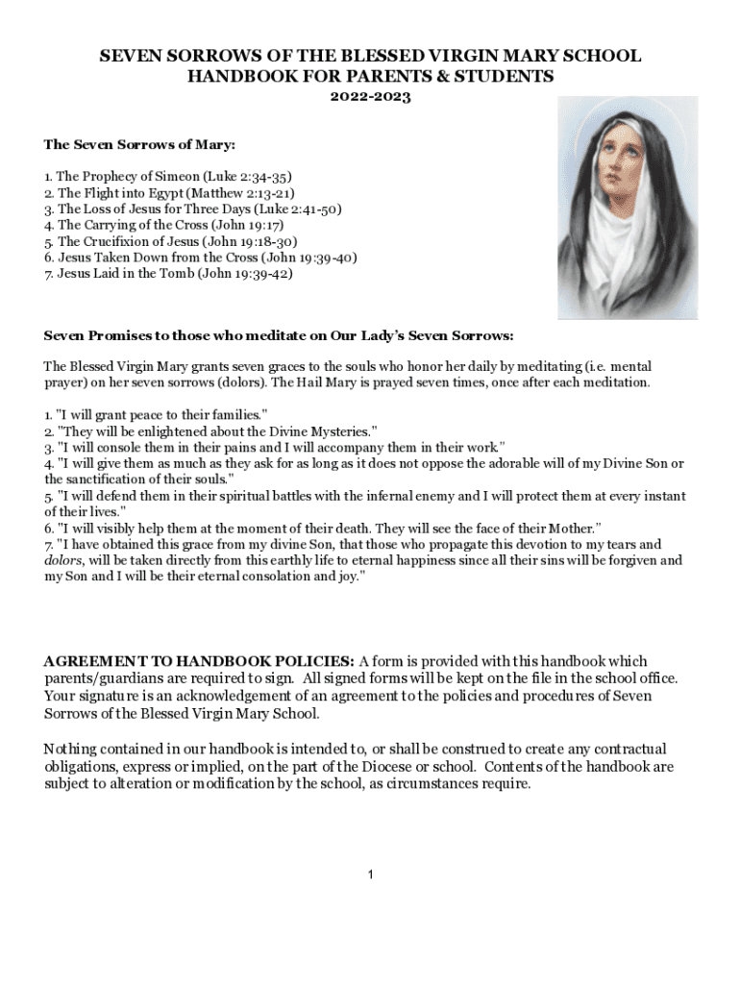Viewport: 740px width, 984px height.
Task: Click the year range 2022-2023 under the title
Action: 370,97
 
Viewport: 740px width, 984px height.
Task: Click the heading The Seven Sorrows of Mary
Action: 139,145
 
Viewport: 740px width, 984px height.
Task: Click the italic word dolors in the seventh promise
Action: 63,560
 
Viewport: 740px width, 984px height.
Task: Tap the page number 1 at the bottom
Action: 370,874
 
